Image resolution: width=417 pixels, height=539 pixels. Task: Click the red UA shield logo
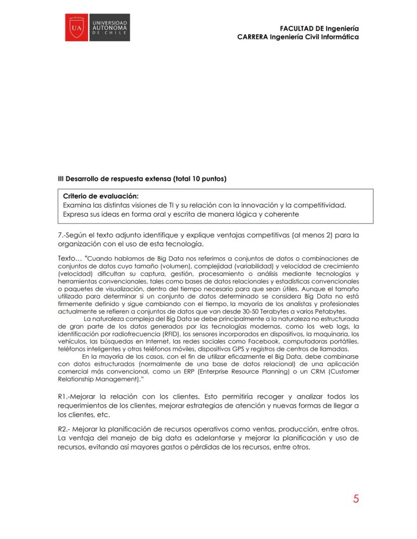[x=77, y=28]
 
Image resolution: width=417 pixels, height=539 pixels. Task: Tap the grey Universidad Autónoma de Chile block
[x=109, y=28]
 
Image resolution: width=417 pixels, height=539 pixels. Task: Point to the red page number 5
[x=356, y=499]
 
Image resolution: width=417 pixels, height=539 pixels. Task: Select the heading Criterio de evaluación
[x=101, y=196]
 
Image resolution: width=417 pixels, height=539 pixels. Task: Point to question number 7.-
[x=62, y=235]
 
